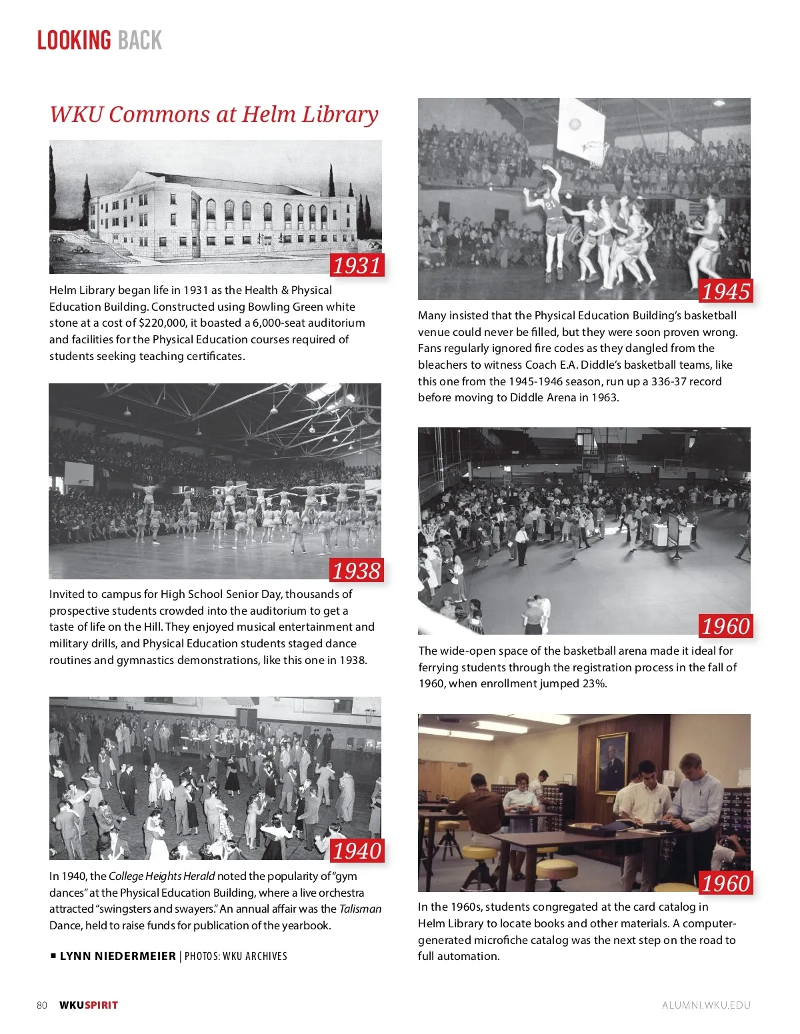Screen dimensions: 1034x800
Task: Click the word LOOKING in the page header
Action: tap(73, 41)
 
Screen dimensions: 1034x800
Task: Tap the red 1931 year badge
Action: tap(357, 265)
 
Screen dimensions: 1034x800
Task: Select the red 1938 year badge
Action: tap(357, 571)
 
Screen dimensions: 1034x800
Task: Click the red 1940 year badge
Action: tap(357, 851)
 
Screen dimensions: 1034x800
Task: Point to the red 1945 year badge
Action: tap(725, 291)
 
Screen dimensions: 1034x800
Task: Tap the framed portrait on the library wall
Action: tap(611, 763)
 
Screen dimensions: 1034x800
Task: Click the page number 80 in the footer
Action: tap(42, 1005)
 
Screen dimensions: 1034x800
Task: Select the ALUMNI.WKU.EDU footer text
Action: tap(706, 1005)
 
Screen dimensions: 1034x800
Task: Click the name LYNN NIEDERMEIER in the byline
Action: tap(117, 956)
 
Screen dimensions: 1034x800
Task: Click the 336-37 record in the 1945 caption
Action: tap(675, 381)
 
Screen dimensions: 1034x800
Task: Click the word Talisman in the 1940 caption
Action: tap(360, 909)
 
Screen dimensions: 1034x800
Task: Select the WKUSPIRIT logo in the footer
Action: tap(89, 1005)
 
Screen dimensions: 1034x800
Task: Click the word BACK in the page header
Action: tap(140, 41)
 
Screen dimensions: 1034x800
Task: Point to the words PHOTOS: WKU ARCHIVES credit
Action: tap(236, 956)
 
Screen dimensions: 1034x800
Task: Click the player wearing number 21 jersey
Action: tap(552, 213)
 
